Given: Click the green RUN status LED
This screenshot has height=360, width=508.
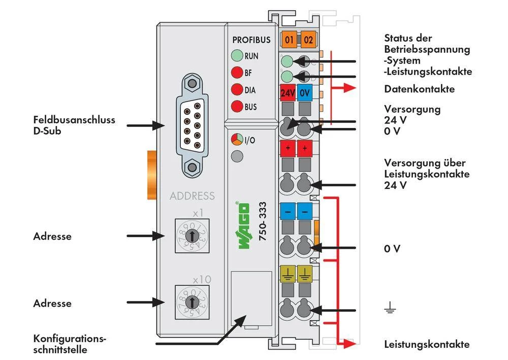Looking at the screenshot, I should (x=237, y=56).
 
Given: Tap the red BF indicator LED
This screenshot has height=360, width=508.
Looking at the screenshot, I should (x=237, y=73).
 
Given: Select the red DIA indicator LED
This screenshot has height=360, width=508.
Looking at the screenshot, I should (x=237, y=90).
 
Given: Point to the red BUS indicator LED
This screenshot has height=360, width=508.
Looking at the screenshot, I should (x=237, y=107).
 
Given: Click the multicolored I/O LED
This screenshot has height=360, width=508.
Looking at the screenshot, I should (x=237, y=140).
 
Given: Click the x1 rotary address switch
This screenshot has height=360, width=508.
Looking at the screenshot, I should (x=192, y=235).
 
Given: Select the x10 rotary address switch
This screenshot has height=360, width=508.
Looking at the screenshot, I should (x=192, y=302).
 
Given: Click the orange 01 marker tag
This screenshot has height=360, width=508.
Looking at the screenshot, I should (x=290, y=39).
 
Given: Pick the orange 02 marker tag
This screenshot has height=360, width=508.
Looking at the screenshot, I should (x=307, y=39).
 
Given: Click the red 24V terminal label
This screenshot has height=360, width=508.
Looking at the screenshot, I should (x=288, y=93).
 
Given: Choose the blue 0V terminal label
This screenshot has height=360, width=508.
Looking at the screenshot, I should (x=305, y=93).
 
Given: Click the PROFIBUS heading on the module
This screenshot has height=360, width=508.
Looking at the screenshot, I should (x=251, y=40).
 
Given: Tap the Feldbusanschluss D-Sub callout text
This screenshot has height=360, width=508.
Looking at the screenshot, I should (x=74, y=125).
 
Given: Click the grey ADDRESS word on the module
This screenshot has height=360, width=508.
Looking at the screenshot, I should (x=192, y=196).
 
